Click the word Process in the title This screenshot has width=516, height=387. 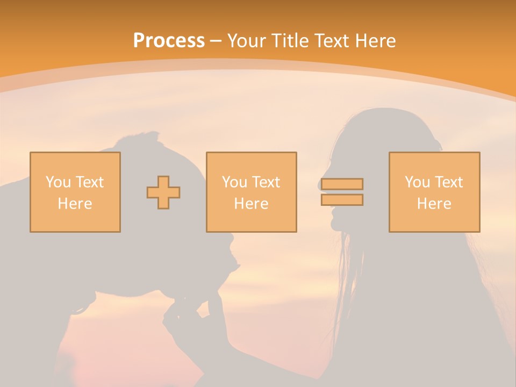click(x=169, y=40)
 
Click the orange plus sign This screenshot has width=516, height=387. click(x=163, y=192)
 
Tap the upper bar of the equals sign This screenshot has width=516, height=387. click(x=342, y=184)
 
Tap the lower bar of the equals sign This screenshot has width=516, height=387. click(x=342, y=200)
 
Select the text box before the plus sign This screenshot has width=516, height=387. click(x=75, y=192)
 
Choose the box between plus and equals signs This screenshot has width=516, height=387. click(x=251, y=192)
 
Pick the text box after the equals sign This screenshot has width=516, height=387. click(x=434, y=192)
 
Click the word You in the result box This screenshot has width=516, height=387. click(x=417, y=182)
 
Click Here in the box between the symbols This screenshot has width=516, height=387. click(x=251, y=204)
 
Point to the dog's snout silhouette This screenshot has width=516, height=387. click(x=228, y=258)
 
